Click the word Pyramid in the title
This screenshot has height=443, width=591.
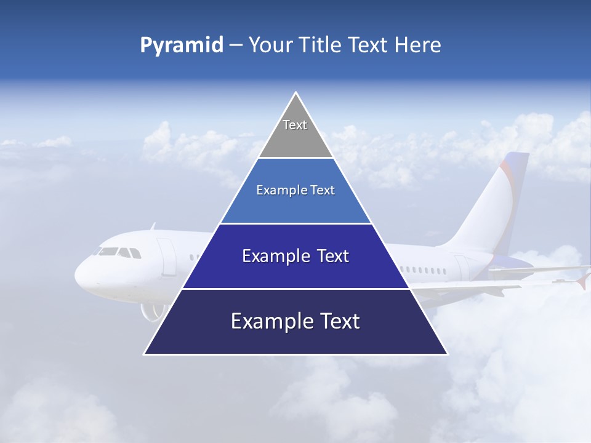(182, 46)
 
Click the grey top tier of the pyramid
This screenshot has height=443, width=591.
(295, 132)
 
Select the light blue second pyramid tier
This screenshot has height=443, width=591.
(295, 191)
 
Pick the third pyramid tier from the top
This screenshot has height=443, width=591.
(295, 256)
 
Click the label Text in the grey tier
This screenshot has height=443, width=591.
(295, 125)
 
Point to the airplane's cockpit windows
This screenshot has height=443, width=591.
(117, 252)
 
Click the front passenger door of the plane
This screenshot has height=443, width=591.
(166, 257)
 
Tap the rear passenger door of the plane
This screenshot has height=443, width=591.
(461, 268)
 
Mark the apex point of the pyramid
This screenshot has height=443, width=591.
(296, 93)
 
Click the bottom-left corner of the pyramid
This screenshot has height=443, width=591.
(145, 354)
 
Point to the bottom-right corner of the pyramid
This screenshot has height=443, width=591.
(447, 354)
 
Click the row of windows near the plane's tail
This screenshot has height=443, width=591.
(424, 270)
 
